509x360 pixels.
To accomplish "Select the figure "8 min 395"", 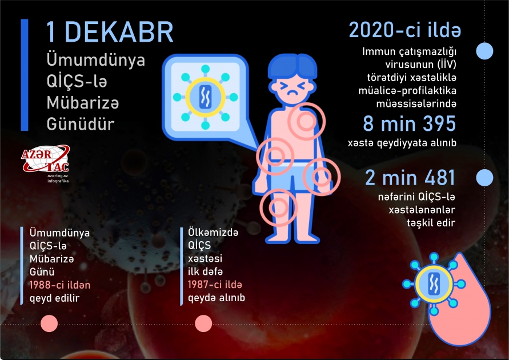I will (x=409, y=123).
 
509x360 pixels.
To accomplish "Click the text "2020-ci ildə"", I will (x=405, y=30).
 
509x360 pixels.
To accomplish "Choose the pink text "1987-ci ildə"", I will (x=215, y=284).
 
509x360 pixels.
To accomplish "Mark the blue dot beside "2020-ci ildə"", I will (x=484, y=51).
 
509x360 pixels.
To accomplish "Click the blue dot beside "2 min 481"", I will (x=484, y=178).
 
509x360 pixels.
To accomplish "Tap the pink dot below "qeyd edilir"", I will (x=50, y=323).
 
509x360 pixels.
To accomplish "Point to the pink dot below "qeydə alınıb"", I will (x=203, y=323).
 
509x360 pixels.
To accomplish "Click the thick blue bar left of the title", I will (x=25, y=74).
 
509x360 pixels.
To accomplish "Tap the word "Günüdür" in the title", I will (x=73, y=124).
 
